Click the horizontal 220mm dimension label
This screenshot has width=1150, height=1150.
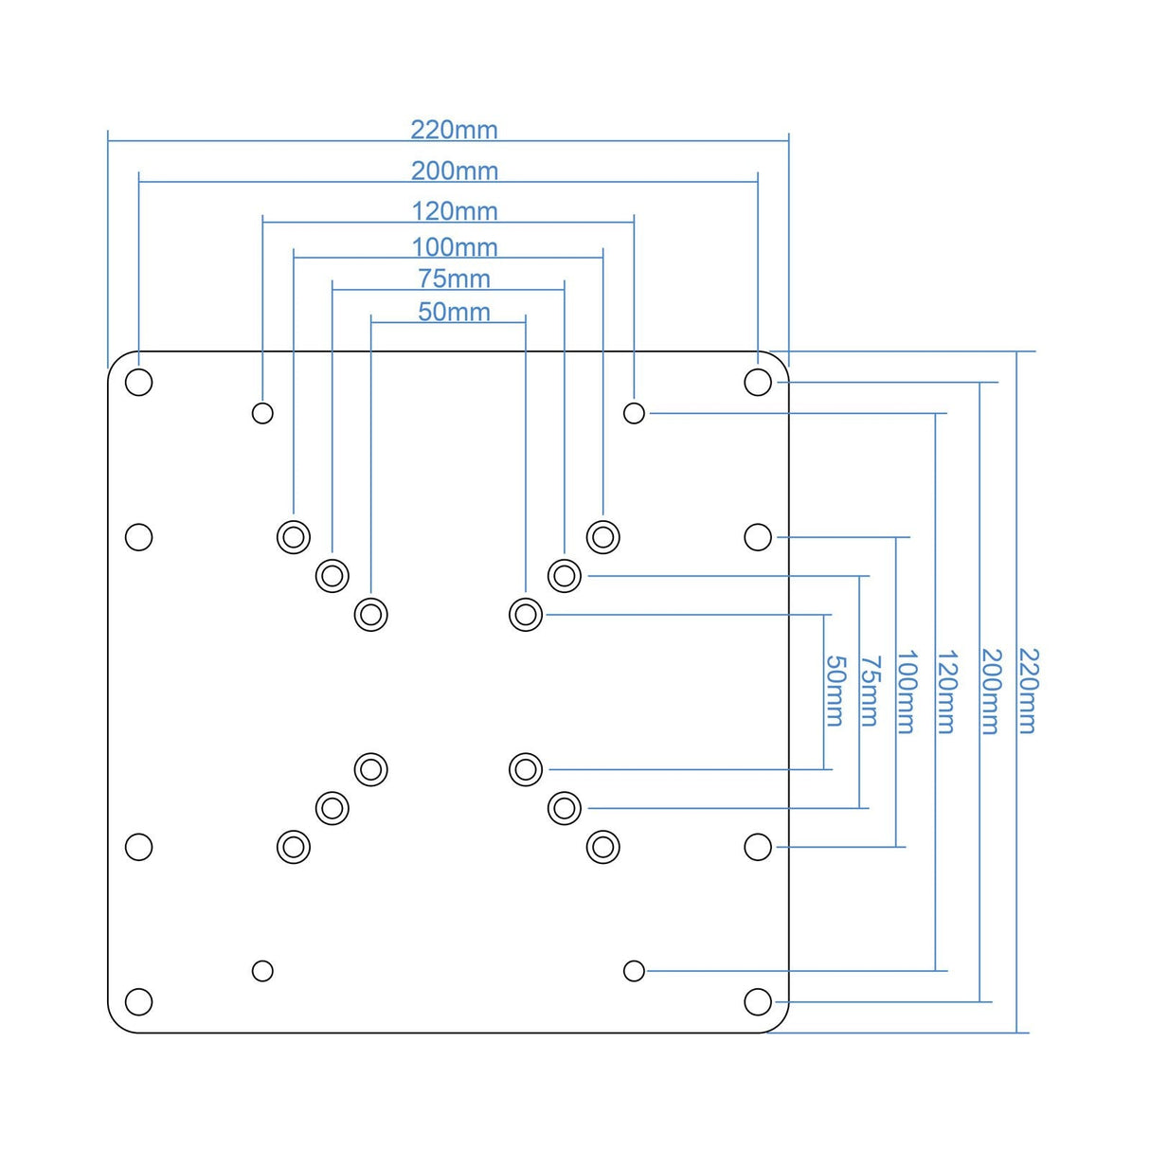(454, 130)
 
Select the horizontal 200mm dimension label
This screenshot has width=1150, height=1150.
(454, 171)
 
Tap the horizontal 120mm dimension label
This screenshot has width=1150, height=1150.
(454, 211)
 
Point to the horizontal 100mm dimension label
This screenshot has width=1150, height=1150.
(454, 247)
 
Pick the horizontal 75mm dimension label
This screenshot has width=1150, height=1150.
(454, 279)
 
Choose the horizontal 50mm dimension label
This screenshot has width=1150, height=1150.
(454, 312)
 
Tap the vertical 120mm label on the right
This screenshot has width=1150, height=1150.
(946, 691)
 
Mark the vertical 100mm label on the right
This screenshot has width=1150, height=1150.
(907, 691)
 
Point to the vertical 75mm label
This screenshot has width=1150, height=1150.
(870, 691)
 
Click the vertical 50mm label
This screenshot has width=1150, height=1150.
(835, 691)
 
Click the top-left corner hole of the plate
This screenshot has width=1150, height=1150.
(139, 383)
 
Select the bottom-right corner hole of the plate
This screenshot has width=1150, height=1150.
(758, 1001)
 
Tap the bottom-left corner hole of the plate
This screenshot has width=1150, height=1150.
(139, 1001)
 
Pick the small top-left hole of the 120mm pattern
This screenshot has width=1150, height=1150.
(262, 413)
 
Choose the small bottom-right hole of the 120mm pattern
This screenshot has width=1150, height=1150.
(635, 971)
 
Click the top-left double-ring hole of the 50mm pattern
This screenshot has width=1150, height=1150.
(371, 615)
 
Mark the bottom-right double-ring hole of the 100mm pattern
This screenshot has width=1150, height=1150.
(603, 847)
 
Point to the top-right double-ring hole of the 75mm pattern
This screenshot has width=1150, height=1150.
(565, 575)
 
